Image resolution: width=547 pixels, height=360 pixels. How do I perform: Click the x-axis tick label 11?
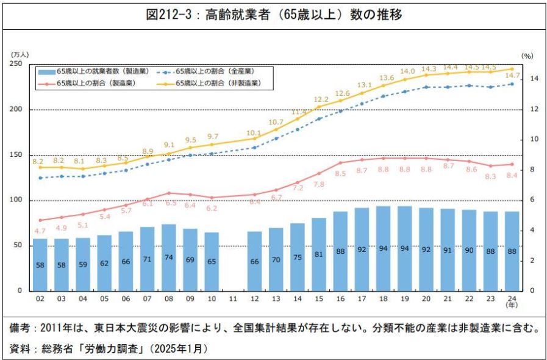pos(233,299)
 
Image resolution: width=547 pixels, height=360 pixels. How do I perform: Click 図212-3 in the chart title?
pos(168,15)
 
